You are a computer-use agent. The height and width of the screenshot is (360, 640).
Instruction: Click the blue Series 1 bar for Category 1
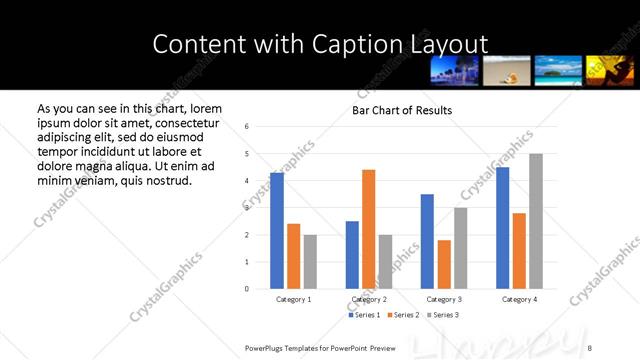[x=277, y=231]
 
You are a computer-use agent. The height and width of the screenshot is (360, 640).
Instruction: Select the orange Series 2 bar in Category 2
[x=369, y=229]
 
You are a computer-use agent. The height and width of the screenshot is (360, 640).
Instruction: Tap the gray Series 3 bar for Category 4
[x=536, y=221]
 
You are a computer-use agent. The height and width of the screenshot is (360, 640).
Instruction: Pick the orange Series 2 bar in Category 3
[x=444, y=264]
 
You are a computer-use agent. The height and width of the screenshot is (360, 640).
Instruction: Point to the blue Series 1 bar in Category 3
[x=427, y=241]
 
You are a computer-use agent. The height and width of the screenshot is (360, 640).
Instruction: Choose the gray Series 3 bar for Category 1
[x=310, y=262]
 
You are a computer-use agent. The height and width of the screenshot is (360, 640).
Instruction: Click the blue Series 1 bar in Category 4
[x=502, y=228]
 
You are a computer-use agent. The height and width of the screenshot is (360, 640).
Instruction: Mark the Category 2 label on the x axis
[x=369, y=299]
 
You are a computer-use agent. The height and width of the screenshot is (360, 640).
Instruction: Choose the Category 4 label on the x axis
[x=519, y=299]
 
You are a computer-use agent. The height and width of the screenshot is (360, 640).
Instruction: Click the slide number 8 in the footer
[x=591, y=347]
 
